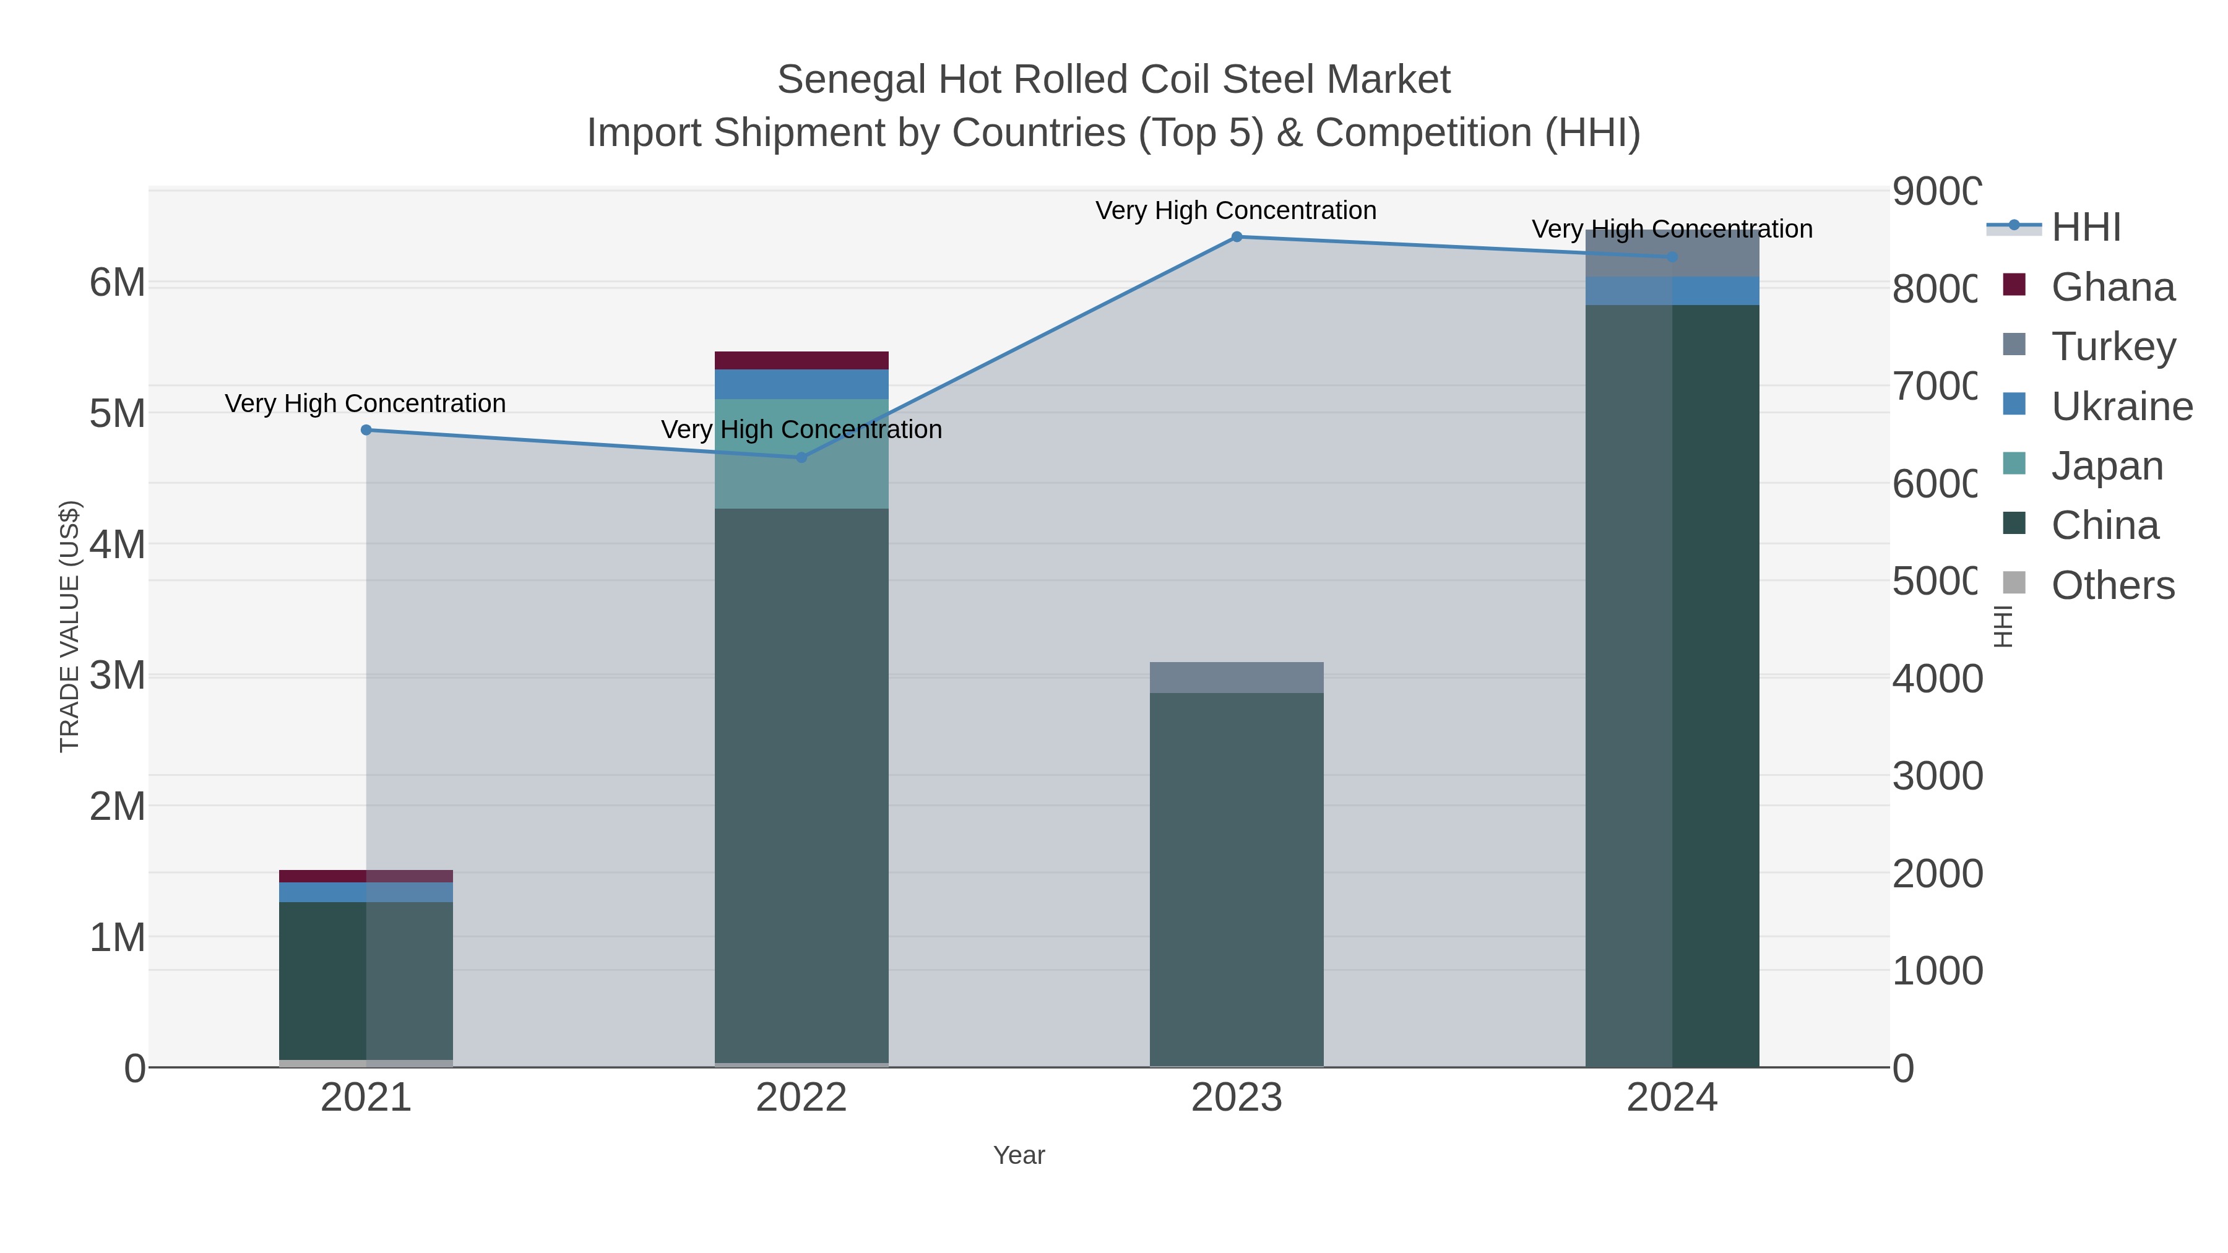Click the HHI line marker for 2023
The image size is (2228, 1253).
coord(1236,237)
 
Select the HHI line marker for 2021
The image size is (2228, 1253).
coord(366,430)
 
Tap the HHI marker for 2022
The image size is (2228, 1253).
coord(801,457)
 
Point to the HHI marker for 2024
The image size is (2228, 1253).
coord(1672,257)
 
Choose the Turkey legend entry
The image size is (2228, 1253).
coord(2113,347)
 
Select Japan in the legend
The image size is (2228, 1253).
coord(2107,466)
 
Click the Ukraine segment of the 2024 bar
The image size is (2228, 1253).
coord(1672,291)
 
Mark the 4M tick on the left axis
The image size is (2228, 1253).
coord(118,545)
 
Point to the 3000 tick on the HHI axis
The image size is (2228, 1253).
coord(1937,777)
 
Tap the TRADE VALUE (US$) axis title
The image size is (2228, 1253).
coord(69,626)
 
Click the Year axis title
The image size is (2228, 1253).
coord(1019,1155)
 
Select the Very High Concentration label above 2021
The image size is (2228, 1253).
coord(365,404)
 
